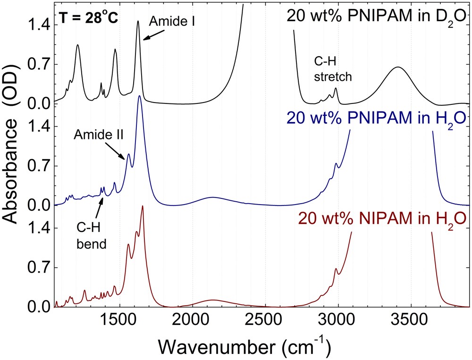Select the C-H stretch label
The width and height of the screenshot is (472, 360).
point(333,69)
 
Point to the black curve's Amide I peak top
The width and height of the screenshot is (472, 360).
point(138,21)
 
